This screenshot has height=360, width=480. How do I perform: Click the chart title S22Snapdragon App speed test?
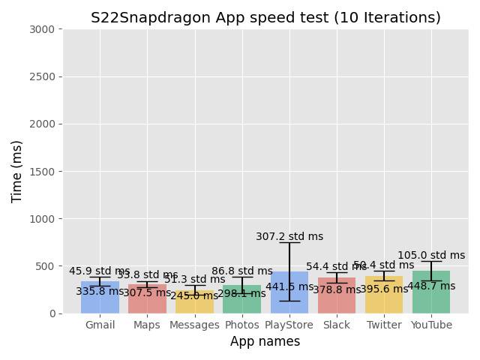(x=265, y=18)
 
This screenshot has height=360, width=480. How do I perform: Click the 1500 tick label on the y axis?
(x=45, y=172)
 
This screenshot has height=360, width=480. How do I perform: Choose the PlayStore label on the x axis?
(x=289, y=325)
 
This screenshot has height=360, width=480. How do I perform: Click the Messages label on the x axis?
(x=194, y=325)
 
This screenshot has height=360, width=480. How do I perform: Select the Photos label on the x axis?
(x=241, y=325)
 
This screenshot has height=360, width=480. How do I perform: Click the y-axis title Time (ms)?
(x=17, y=171)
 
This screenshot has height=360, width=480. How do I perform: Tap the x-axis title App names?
(x=265, y=342)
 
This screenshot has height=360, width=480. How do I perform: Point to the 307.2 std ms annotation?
(x=289, y=237)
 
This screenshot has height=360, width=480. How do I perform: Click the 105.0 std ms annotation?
(x=431, y=256)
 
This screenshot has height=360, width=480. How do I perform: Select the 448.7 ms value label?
(x=431, y=286)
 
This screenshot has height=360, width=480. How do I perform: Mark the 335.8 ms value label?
(x=100, y=292)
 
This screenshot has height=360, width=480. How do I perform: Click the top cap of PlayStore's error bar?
(x=289, y=243)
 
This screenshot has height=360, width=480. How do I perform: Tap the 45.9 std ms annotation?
(x=100, y=271)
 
